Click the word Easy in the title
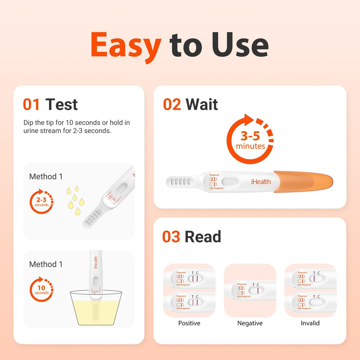click(x=126, y=45)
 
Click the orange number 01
click(x=31, y=104)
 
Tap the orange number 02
click(x=172, y=104)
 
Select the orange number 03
click(x=171, y=237)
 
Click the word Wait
click(x=202, y=104)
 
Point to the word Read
click(x=203, y=237)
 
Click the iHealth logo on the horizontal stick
click(x=261, y=182)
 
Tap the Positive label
click(x=189, y=323)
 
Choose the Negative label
click(x=250, y=323)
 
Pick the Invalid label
click(x=310, y=323)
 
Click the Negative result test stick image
click(x=250, y=290)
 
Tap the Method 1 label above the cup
click(x=46, y=264)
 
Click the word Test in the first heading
click(x=62, y=104)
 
